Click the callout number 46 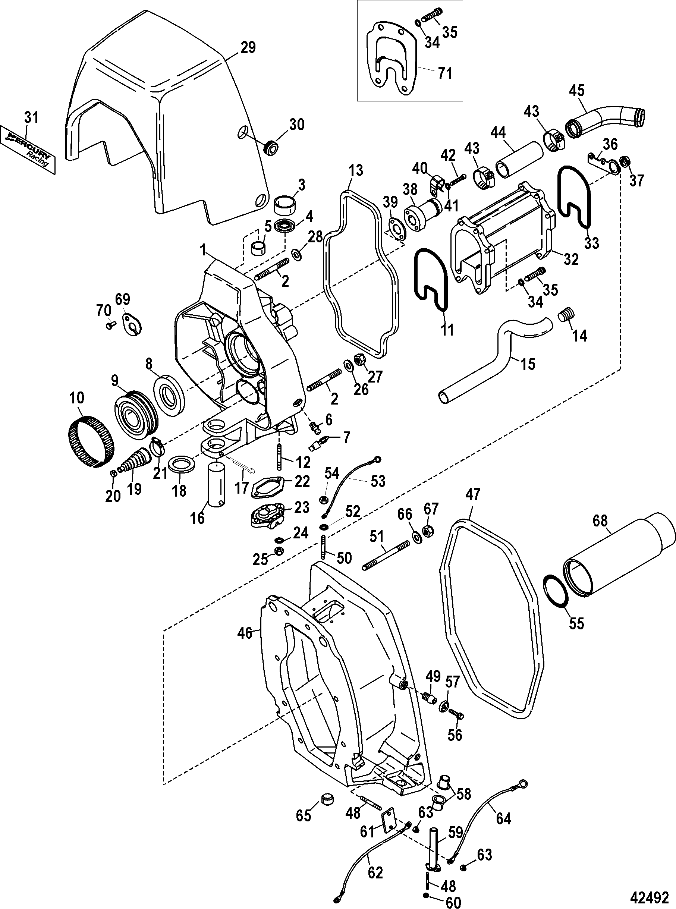tap(244, 634)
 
